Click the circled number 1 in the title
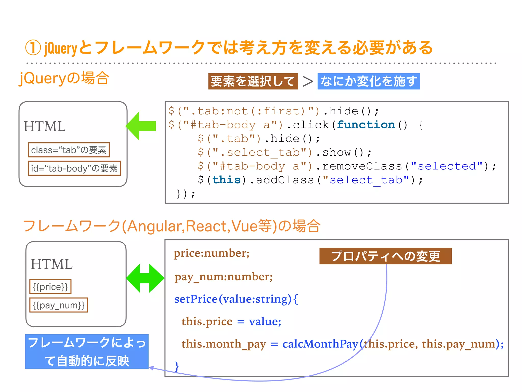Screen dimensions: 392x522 click(33, 48)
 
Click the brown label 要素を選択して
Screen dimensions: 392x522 click(253, 81)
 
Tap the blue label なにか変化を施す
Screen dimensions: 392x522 click(369, 81)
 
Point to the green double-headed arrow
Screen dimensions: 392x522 click(145, 278)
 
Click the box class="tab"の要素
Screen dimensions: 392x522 click(69, 150)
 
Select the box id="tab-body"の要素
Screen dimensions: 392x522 click(74, 168)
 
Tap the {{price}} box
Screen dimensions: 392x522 click(50, 287)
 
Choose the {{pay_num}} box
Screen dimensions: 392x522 click(59, 305)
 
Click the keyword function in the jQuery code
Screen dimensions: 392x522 click(366, 125)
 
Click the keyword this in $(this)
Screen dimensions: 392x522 click(226, 180)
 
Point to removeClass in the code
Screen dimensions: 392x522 click(362, 166)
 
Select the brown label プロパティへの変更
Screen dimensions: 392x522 click(385, 256)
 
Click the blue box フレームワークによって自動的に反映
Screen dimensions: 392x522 click(87, 351)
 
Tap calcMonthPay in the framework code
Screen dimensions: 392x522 click(320, 344)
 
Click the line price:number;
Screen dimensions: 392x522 click(212, 253)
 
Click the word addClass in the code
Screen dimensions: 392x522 click(285, 180)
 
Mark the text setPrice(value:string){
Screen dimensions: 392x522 click(236, 299)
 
